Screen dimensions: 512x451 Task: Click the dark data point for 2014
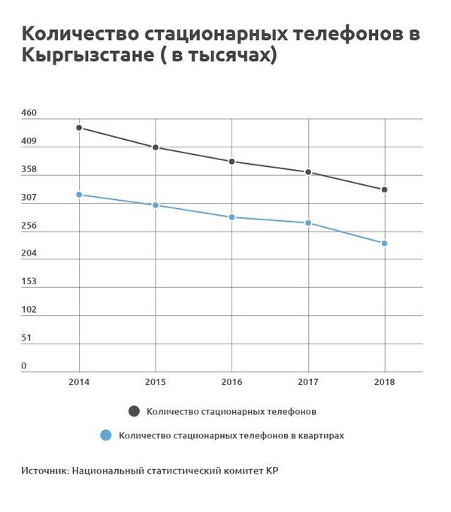pyautogui.click(x=79, y=128)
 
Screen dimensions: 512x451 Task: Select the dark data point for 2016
pyautogui.click(x=232, y=162)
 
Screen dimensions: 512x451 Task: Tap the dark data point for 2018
pyautogui.click(x=385, y=189)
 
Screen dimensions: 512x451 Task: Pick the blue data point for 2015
pyautogui.click(x=156, y=205)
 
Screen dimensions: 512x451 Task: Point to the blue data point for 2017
pyautogui.click(x=308, y=223)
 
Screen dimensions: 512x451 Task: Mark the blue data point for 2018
pyautogui.click(x=385, y=244)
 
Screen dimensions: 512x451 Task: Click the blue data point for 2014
pyautogui.click(x=79, y=195)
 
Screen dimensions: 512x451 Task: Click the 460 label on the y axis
pyautogui.click(x=29, y=113)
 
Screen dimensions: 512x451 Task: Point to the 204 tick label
pyautogui.click(x=29, y=254)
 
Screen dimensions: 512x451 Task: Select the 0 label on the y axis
pyautogui.click(x=23, y=366)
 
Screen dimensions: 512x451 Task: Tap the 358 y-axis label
pyautogui.click(x=29, y=169)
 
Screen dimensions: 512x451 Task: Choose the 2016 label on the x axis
pyautogui.click(x=232, y=383)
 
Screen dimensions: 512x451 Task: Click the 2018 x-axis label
pyautogui.click(x=385, y=383)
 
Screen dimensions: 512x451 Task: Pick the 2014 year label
pyautogui.click(x=79, y=383)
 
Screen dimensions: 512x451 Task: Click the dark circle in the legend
pyautogui.click(x=134, y=411)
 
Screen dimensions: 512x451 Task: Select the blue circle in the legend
pyautogui.click(x=106, y=435)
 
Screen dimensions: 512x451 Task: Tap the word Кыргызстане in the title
pyautogui.click(x=84, y=56)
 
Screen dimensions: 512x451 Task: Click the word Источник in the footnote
pyautogui.click(x=44, y=471)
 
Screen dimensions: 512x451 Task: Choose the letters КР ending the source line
pyautogui.click(x=280, y=471)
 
